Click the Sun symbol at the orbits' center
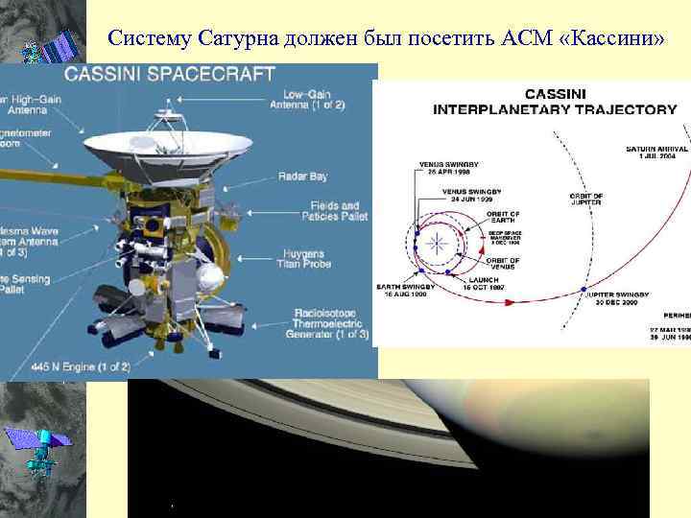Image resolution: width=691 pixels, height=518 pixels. pos(438,242)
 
